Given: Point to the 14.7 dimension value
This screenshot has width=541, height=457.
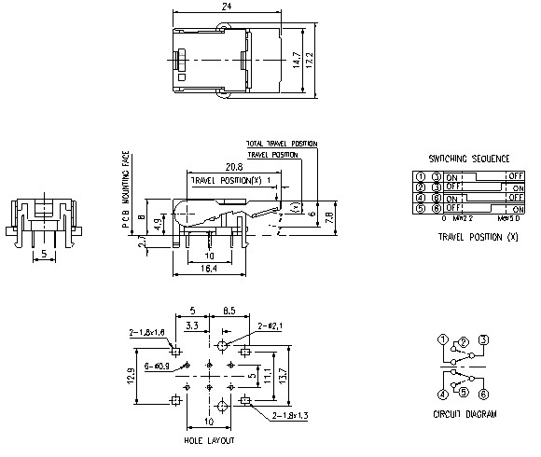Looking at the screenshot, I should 296,61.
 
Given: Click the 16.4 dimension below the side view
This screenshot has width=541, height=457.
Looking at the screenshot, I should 210,269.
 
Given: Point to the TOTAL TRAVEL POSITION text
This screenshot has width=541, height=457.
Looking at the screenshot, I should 281,144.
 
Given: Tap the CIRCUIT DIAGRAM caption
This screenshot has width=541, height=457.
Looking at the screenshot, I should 464,413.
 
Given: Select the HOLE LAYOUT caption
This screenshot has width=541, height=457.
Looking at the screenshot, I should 209,440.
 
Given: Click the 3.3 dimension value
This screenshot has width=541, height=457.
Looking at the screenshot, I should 191,325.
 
